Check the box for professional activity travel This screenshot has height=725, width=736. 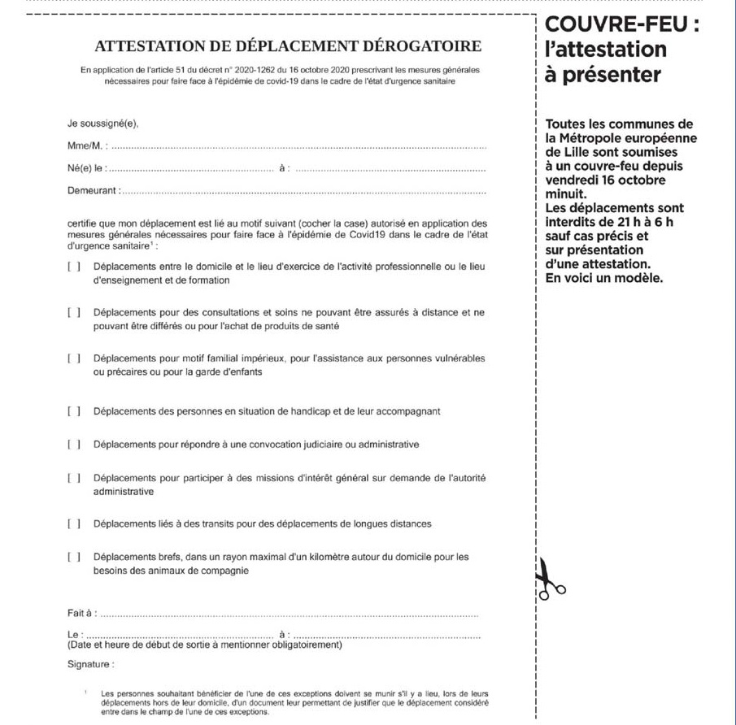(x=74, y=267)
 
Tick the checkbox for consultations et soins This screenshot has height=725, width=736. (x=74, y=312)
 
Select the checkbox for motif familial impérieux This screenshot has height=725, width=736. (x=74, y=358)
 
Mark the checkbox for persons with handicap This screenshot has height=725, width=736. (x=74, y=411)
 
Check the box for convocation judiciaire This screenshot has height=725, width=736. (x=74, y=445)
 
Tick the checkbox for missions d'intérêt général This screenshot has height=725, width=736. (x=74, y=478)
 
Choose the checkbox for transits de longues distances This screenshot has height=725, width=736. (x=74, y=523)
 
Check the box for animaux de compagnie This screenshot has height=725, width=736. (x=74, y=557)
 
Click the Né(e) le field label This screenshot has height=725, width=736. (x=87, y=169)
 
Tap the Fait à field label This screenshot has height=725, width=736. (x=82, y=612)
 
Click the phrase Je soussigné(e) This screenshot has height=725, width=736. (x=103, y=124)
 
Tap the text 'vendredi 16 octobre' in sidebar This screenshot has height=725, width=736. (x=605, y=180)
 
